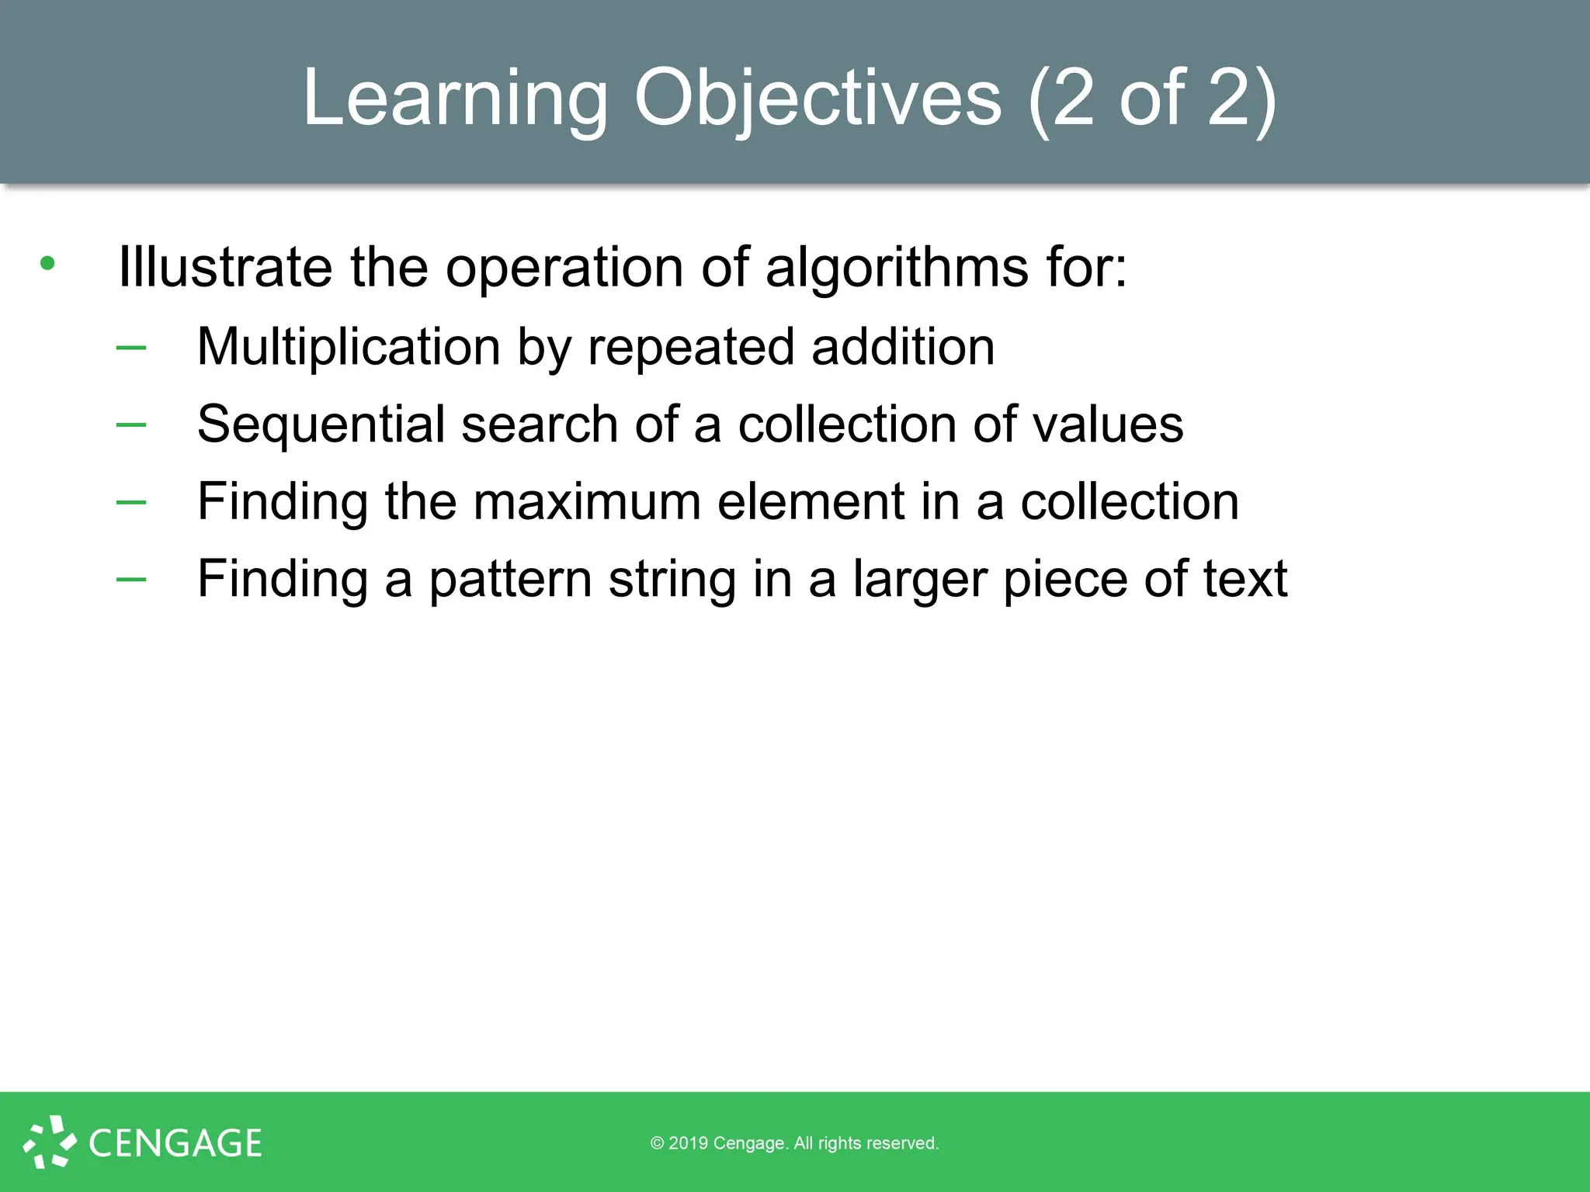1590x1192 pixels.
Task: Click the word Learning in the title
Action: click(455, 98)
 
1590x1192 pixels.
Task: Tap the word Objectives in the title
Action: click(818, 98)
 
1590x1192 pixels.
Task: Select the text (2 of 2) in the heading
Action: click(1151, 98)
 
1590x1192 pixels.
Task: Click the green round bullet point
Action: click(47, 264)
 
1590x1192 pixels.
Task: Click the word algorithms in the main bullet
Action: click(897, 267)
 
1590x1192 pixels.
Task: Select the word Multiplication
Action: click(349, 346)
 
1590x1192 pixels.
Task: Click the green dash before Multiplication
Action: click(131, 347)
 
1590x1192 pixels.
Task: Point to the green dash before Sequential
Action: click(131, 424)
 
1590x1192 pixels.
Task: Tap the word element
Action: click(811, 501)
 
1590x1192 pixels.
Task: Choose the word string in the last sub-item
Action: click(672, 579)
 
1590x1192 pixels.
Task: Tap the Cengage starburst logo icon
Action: click(50, 1142)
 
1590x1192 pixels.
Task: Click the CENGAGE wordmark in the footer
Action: click(175, 1143)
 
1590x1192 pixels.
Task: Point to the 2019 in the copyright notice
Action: click(688, 1143)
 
